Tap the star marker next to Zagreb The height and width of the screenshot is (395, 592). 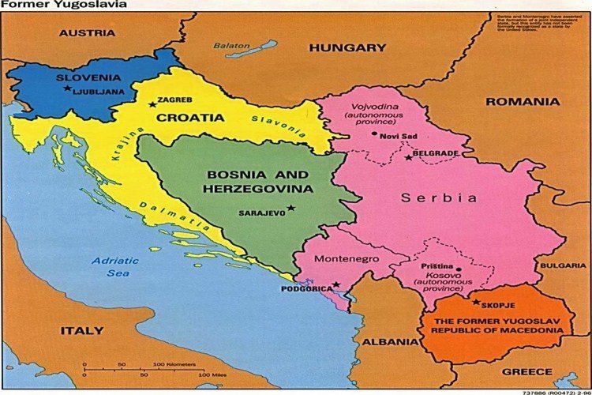(x=152, y=103)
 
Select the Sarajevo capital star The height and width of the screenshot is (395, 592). (x=290, y=208)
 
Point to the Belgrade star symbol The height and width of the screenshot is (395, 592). (x=408, y=158)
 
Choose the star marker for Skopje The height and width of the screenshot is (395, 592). (x=475, y=301)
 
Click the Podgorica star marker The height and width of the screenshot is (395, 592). (x=335, y=284)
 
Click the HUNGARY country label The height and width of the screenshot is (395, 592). (x=347, y=47)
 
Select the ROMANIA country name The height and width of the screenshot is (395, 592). (x=523, y=101)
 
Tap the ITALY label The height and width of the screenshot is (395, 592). (x=82, y=329)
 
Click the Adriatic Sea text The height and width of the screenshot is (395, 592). (x=115, y=266)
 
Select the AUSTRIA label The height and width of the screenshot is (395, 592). (x=87, y=33)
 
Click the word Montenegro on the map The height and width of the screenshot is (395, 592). (x=347, y=258)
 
